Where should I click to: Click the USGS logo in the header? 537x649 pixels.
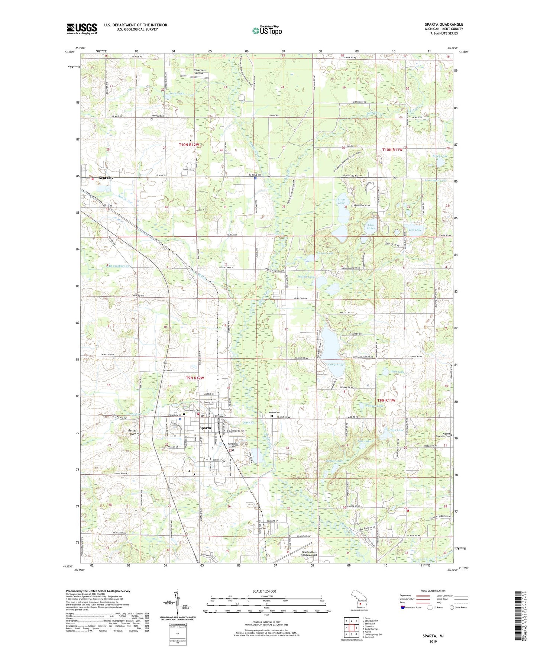coord(82,29)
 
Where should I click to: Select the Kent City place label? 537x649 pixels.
coord(106,178)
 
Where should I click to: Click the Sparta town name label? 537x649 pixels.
coord(205,428)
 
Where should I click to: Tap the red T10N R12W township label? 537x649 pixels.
coord(189,145)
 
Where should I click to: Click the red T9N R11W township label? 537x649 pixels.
coord(386,400)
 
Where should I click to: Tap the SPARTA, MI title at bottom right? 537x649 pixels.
coord(433,636)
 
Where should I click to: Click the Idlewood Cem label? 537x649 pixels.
coord(158,116)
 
